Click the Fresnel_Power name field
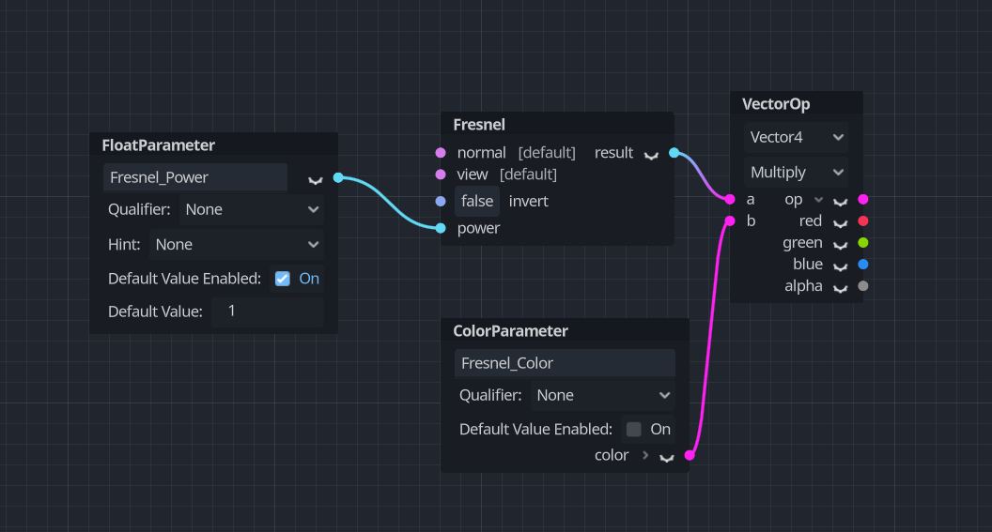click(x=194, y=177)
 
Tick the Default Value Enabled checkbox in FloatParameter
click(x=282, y=279)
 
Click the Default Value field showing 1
click(x=267, y=312)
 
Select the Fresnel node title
click(x=479, y=125)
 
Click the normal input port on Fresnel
click(x=441, y=153)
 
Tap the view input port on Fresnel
click(x=441, y=175)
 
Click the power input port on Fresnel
click(x=441, y=228)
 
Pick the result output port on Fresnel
click(x=674, y=153)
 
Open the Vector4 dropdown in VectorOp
click(x=796, y=138)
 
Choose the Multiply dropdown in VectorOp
click(x=796, y=173)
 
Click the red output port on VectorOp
click(x=863, y=221)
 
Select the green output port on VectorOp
click(x=863, y=243)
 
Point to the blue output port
click(x=863, y=265)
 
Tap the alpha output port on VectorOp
click(x=863, y=286)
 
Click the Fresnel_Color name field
click(x=564, y=363)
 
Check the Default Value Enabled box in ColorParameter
click(x=634, y=429)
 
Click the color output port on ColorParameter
click(x=690, y=455)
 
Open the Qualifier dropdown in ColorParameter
click(x=602, y=395)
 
